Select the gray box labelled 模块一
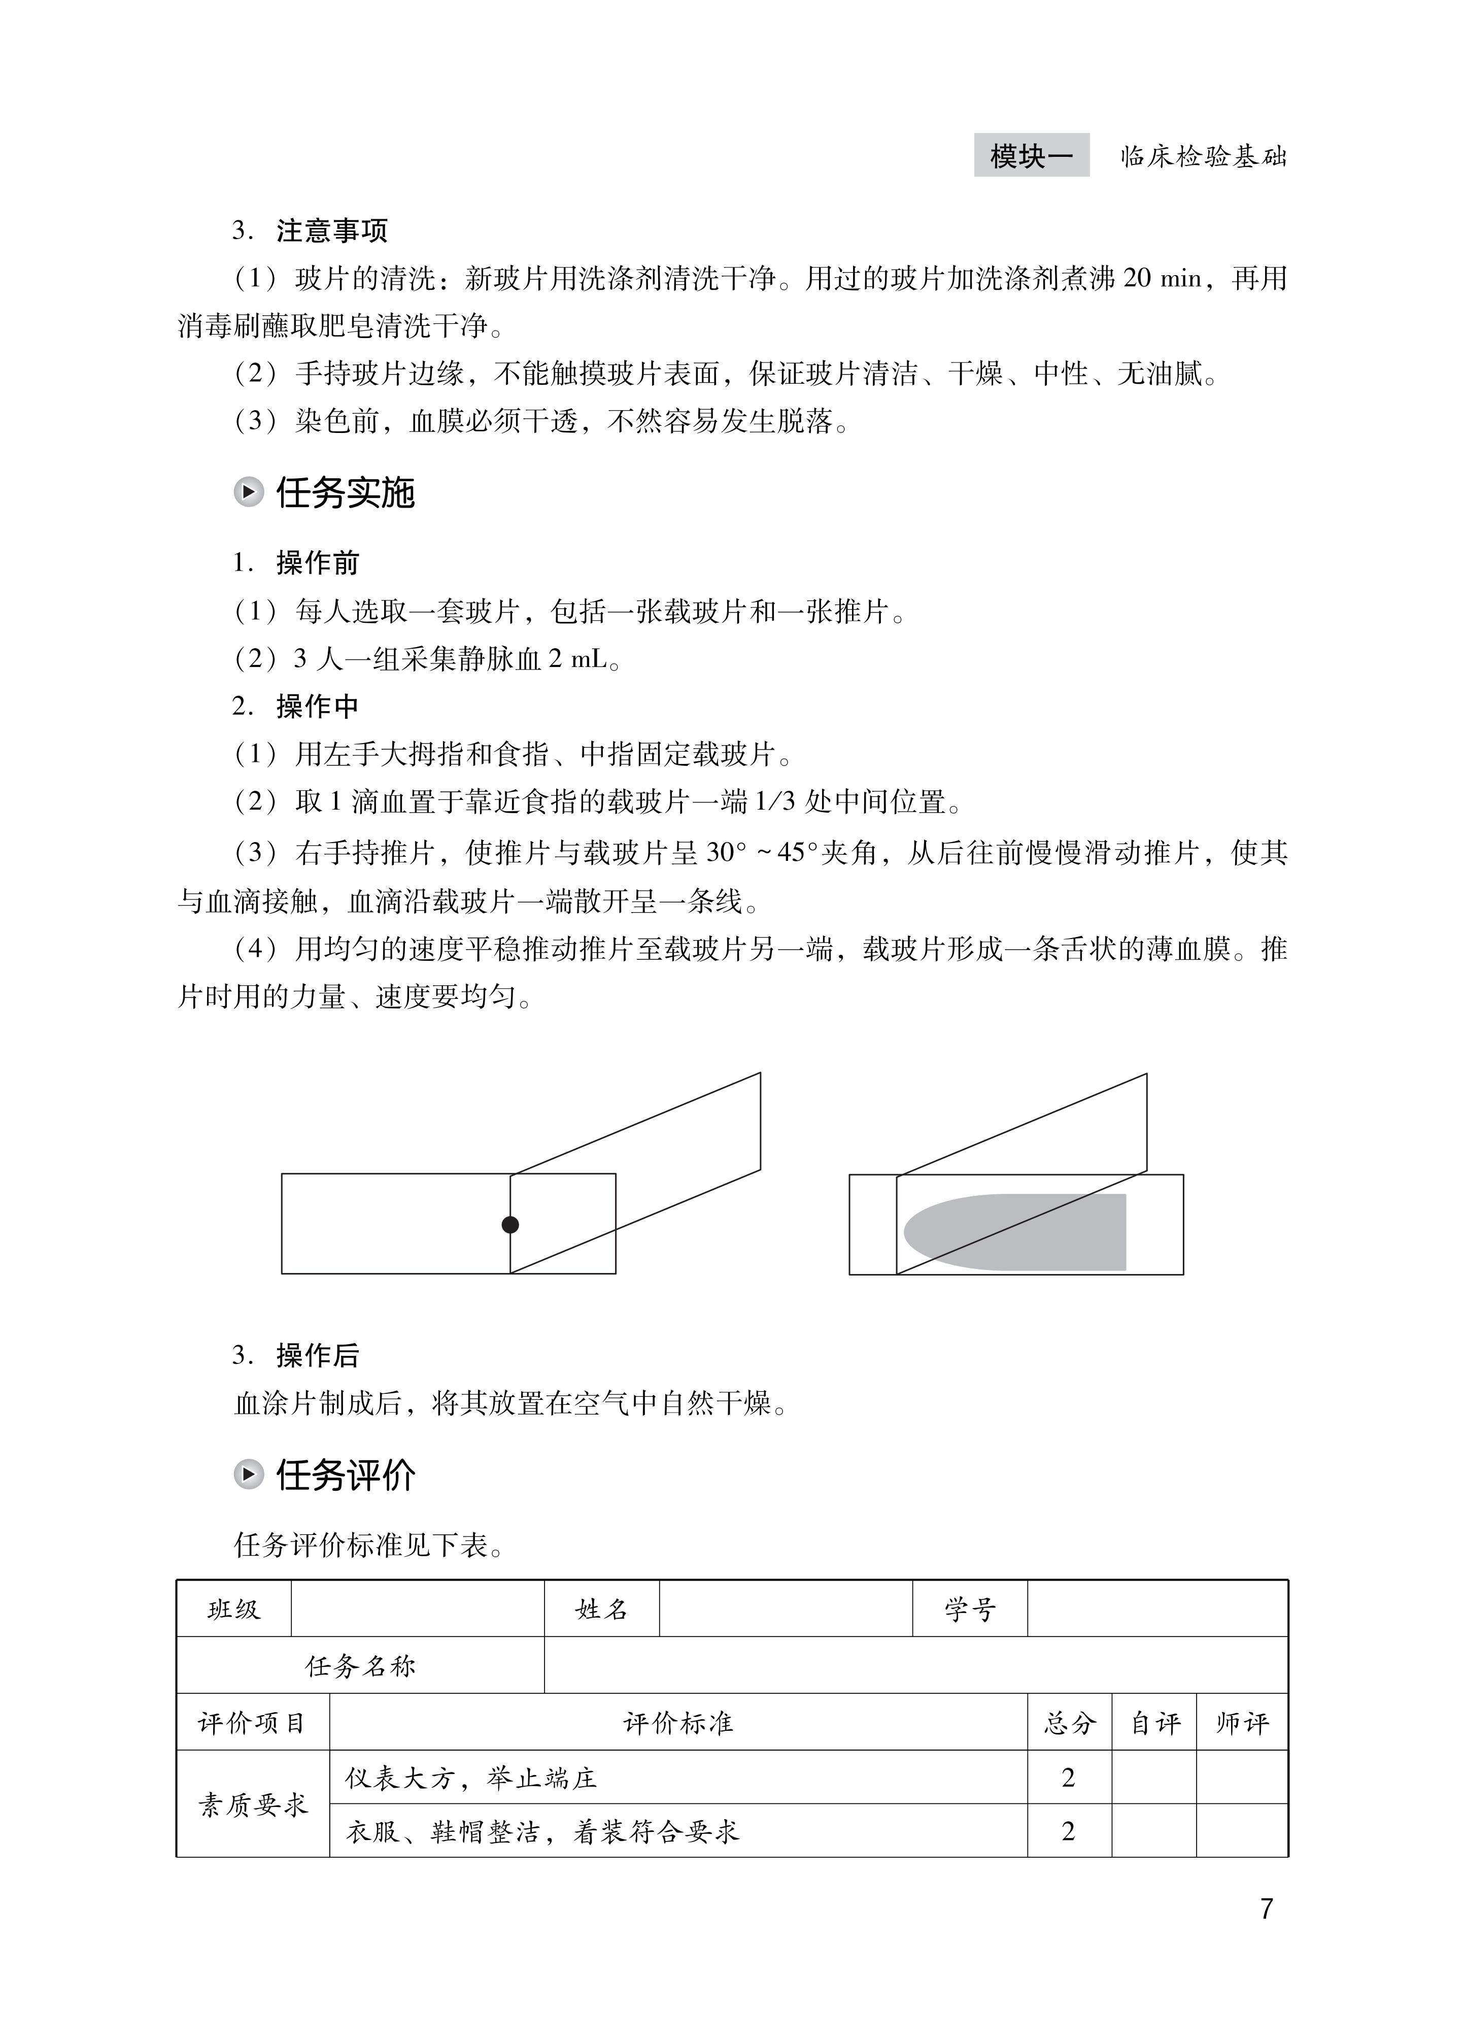1031,156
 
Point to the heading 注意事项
332,230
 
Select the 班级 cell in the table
234,1609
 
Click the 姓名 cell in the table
601,1609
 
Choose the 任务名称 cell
360,1666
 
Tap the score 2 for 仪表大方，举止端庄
1069,1778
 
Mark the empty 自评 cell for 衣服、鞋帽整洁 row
1153,1830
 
